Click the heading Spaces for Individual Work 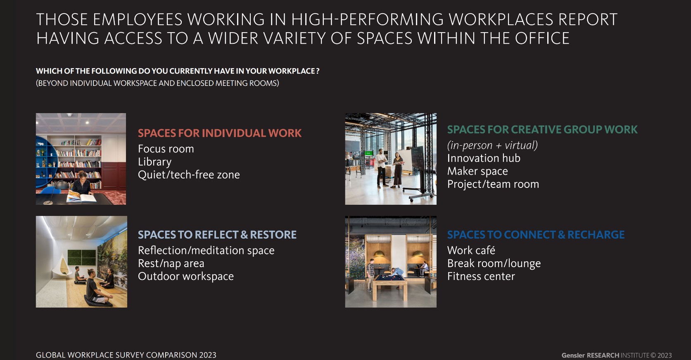(220, 133)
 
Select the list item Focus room (166, 149)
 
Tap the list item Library (154, 162)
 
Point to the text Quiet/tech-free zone (189, 175)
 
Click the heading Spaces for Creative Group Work (542, 130)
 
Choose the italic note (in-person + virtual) (492, 145)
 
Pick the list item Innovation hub (484, 158)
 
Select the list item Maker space (477, 171)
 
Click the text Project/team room (493, 184)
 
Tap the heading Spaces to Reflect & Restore (217, 234)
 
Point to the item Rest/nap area (171, 263)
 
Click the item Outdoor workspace (186, 276)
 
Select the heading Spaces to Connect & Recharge (536, 234)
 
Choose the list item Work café (471, 250)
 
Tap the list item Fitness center (481, 276)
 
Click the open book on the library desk (81, 197)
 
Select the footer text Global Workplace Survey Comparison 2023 (126, 355)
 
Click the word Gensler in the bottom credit (573, 355)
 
